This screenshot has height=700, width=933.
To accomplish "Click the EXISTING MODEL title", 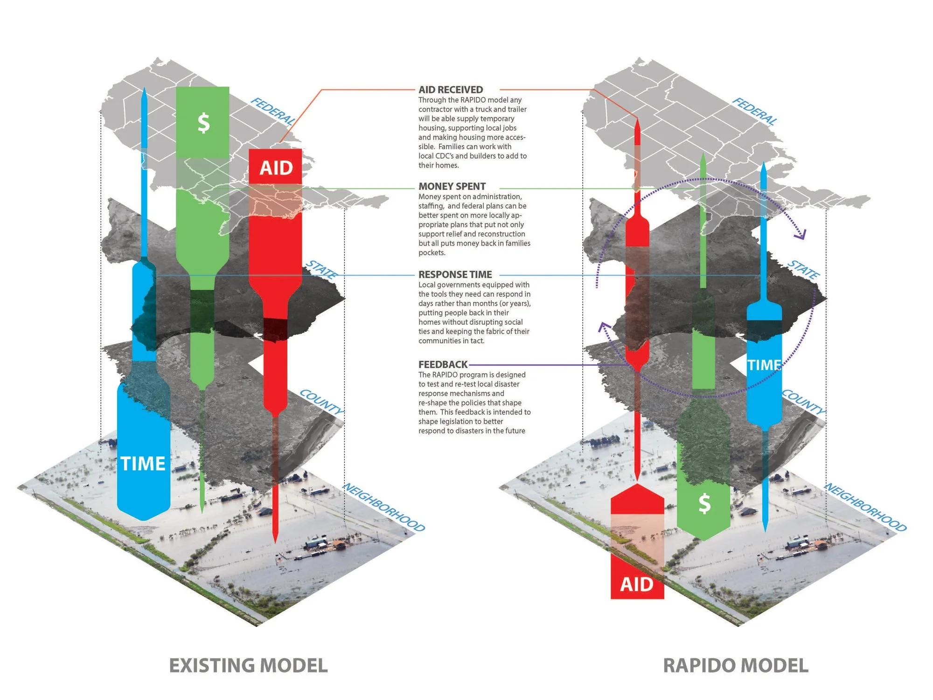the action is point(248,665).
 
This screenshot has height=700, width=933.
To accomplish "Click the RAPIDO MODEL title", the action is point(736,665).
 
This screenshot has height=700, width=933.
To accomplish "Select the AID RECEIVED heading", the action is point(451,90).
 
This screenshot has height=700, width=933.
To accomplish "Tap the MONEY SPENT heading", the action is point(452,186).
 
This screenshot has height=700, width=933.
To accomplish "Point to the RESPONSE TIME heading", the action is point(455,274).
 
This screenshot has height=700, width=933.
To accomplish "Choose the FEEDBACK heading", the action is point(443,364).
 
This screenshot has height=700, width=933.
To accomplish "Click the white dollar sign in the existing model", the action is point(203,123).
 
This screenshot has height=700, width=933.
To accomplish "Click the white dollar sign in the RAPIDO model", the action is point(704,504).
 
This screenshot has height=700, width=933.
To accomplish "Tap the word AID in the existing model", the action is point(276,168).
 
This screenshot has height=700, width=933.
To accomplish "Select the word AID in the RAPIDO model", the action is point(637,584).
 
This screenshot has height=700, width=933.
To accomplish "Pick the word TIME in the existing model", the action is point(143,464).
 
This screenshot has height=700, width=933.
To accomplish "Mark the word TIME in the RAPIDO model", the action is point(764,365).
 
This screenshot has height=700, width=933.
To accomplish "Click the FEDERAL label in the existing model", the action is point(273,112).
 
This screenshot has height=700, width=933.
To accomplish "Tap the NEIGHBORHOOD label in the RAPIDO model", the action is point(866,507).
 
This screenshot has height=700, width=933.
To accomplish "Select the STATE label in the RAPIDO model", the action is point(803,269).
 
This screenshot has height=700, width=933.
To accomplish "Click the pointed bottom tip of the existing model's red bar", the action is point(275,543).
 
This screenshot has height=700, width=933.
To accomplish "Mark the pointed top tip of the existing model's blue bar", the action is point(144,87).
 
